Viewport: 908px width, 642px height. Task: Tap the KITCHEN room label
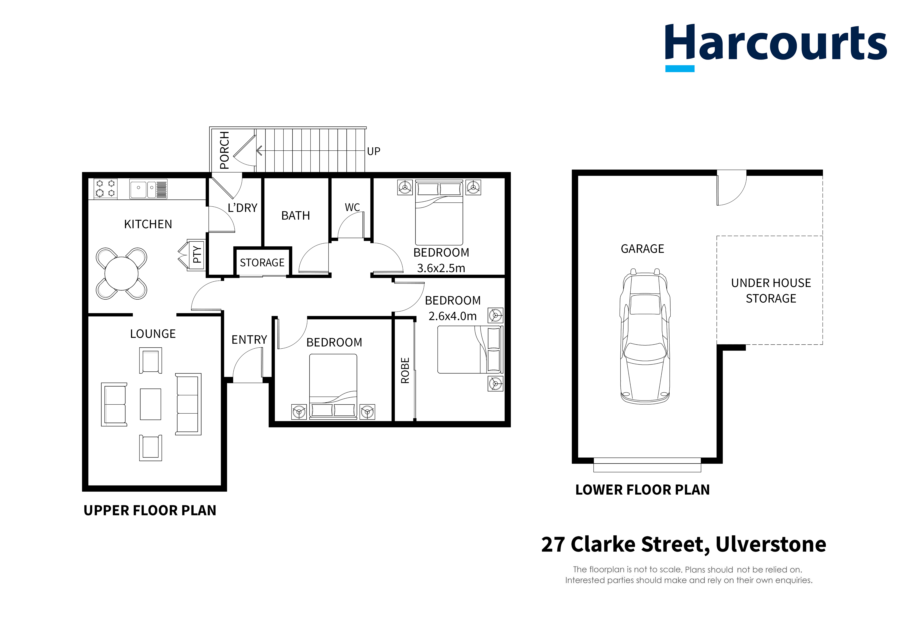(148, 224)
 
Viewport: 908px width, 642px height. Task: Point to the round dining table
(121, 273)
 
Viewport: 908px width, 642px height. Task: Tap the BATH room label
(295, 216)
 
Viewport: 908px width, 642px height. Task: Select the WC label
(352, 207)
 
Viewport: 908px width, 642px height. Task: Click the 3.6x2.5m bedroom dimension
(441, 268)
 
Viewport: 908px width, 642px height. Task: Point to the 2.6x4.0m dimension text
(452, 316)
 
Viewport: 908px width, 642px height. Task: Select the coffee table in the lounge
(151, 404)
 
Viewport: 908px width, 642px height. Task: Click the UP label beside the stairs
(373, 151)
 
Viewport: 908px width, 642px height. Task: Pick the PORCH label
(224, 150)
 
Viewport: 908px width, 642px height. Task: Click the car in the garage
(645, 336)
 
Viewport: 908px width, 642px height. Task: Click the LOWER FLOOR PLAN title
(642, 490)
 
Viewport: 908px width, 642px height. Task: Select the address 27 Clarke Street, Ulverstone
(683, 544)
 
